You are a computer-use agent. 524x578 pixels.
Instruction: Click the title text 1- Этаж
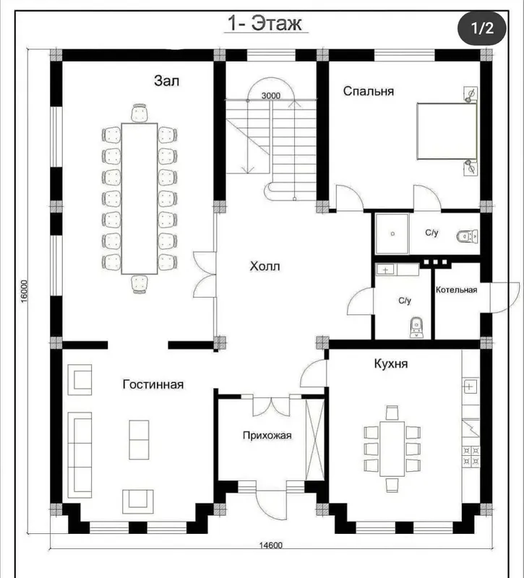click(x=265, y=23)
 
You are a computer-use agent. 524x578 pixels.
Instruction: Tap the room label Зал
click(x=167, y=81)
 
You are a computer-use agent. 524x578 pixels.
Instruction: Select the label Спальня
click(x=369, y=91)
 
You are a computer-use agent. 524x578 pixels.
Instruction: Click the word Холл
click(x=265, y=266)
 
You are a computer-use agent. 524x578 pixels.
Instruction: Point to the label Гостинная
click(x=153, y=384)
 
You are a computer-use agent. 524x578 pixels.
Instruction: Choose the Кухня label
click(x=391, y=363)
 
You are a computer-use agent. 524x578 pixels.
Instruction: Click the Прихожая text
click(x=267, y=436)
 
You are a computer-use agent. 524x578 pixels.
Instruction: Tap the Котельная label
click(x=457, y=290)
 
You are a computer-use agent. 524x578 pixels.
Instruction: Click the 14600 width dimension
click(x=270, y=545)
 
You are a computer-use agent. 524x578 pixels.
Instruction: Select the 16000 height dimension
click(x=24, y=292)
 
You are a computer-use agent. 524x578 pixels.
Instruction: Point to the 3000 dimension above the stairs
click(x=271, y=96)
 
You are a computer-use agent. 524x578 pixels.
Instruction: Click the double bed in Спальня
click(x=447, y=131)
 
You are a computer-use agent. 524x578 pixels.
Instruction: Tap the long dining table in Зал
click(x=139, y=199)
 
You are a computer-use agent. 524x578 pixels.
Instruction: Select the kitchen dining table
click(x=392, y=449)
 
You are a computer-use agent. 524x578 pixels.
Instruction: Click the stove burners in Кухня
click(x=471, y=456)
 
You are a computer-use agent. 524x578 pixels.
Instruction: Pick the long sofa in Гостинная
click(x=80, y=455)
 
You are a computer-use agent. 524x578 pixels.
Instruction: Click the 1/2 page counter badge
click(x=482, y=28)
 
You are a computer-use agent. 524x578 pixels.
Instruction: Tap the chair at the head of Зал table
click(x=139, y=113)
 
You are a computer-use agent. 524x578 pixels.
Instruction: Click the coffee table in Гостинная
click(x=139, y=440)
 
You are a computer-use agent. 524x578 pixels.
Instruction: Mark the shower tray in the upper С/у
click(x=392, y=233)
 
